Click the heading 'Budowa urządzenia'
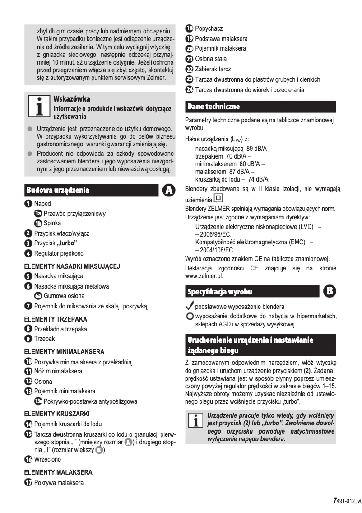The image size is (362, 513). tap(58, 190)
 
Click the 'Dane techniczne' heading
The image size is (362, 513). tap(213, 107)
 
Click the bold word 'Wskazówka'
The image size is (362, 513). tap(72, 99)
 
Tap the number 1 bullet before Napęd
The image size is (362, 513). tap(28, 204)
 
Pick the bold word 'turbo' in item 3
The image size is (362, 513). tap(69, 243)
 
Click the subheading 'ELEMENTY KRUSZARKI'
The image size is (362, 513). tap(57, 414)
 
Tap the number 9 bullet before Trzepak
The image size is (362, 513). tap(28, 339)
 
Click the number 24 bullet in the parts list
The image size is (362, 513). tap(189, 89)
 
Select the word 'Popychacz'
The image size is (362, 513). tap(209, 29)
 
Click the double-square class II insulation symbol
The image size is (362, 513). tap(219, 198)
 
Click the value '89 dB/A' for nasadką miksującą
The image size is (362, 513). tap(256, 148)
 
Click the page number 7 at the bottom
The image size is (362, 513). tap(334, 500)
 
